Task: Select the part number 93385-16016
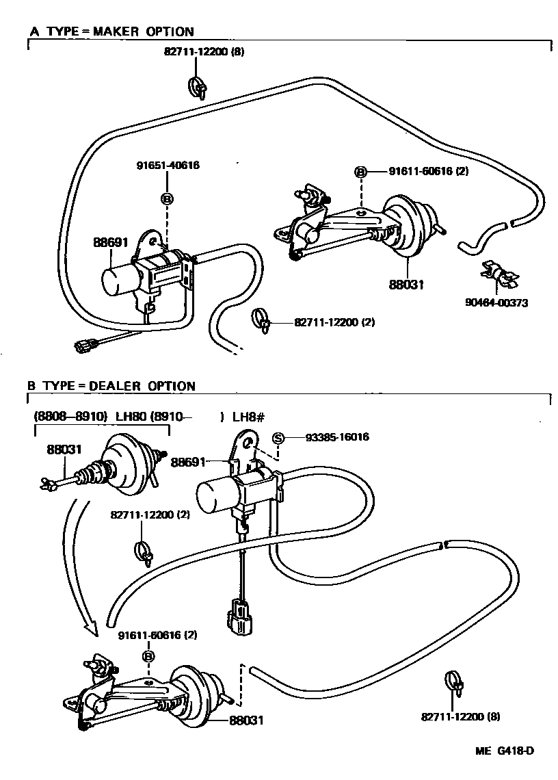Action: pos(328,437)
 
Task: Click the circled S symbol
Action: pos(278,438)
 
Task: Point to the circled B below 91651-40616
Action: pos(167,198)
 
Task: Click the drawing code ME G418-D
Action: pos(505,751)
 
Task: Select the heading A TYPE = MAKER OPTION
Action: pos(111,31)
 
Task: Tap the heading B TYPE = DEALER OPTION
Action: pos(111,386)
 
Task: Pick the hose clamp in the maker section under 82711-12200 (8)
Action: pos(196,88)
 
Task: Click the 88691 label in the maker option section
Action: pos(109,242)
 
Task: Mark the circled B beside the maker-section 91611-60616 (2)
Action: pos(360,171)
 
